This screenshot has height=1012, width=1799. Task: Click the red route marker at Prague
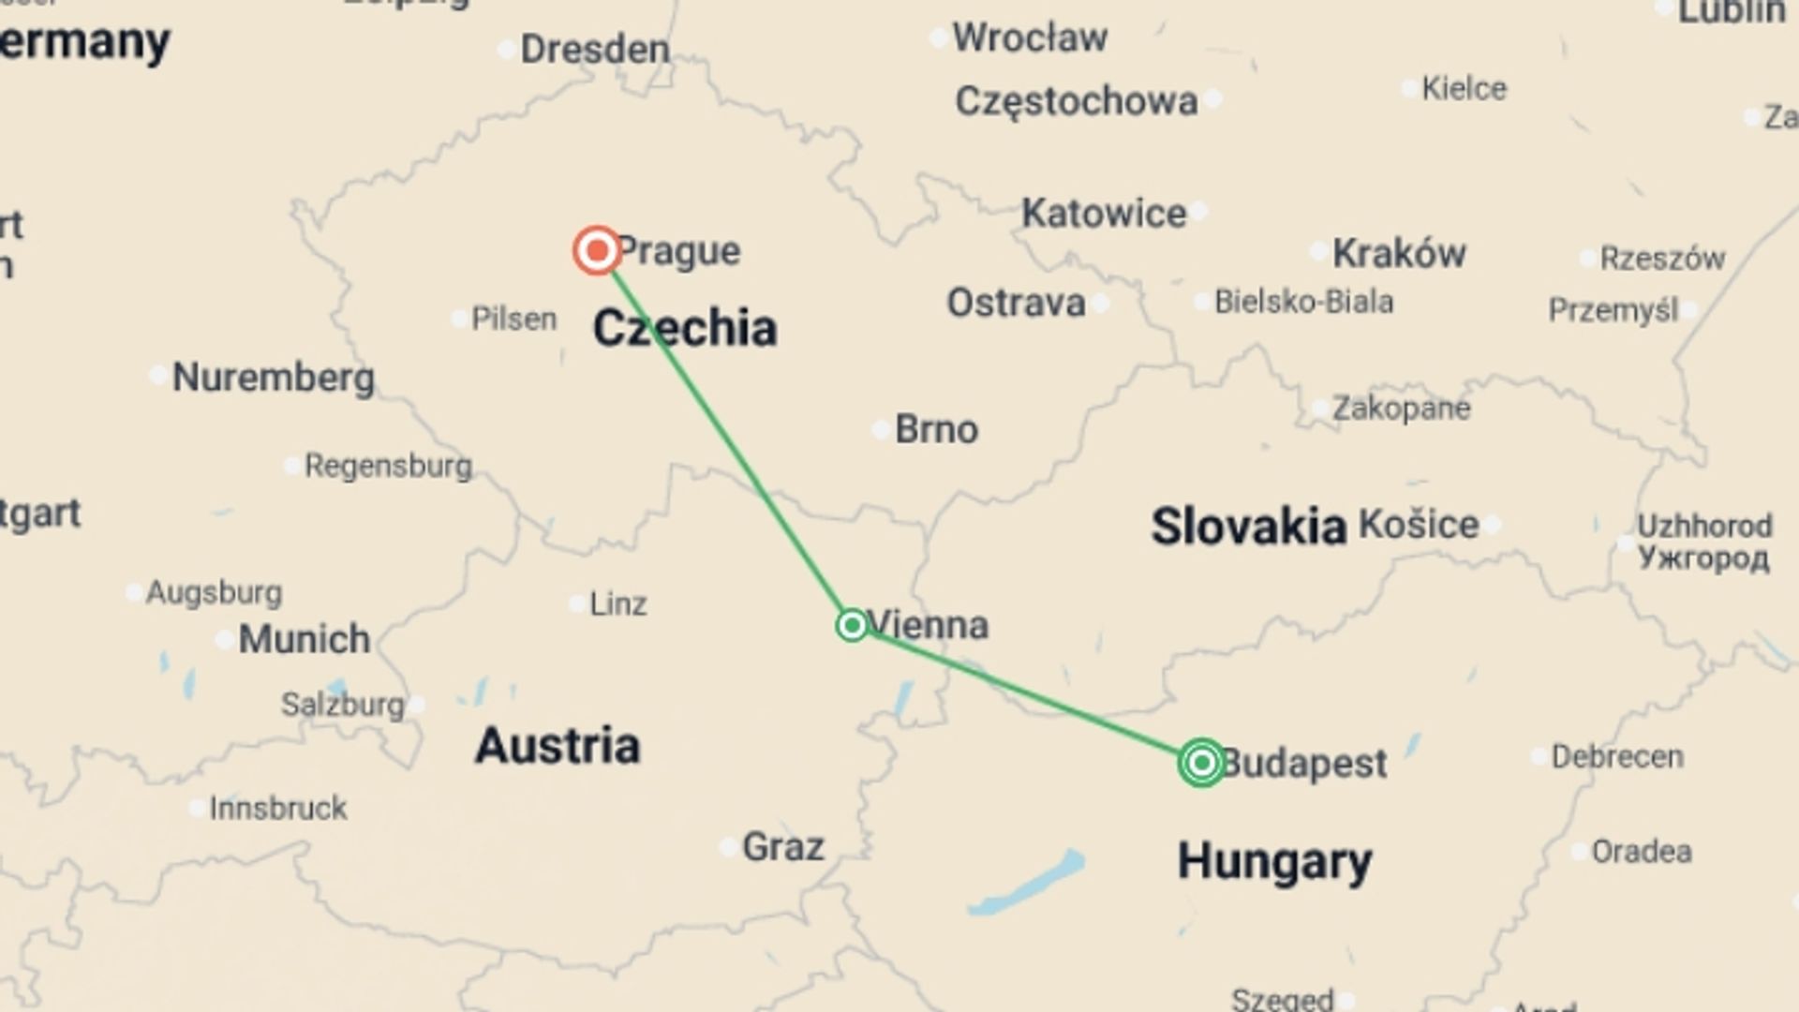point(597,250)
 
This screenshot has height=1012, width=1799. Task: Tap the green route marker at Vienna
point(852,625)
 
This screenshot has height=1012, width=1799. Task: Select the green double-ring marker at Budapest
point(1201,763)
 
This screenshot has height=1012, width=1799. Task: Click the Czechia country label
point(685,329)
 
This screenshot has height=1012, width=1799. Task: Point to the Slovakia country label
point(1248,526)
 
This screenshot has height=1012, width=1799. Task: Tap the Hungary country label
point(1274,861)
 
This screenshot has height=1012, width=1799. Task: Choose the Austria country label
point(558,746)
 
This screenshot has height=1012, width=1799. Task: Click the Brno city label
point(936,429)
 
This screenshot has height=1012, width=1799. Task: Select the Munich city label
point(305,639)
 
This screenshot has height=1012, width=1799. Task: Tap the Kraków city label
point(1399,253)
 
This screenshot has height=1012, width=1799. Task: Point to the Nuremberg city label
point(274,378)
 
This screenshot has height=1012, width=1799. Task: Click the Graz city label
point(783,847)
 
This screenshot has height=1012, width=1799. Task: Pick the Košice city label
point(1419,525)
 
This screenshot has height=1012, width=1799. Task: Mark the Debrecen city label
point(1617,756)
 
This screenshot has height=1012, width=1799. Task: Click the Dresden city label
point(595,50)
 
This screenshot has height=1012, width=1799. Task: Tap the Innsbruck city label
point(278,808)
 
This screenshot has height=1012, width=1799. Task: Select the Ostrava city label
point(1016,304)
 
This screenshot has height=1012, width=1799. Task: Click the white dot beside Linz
point(577,605)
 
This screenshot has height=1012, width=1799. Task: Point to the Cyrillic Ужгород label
point(1703,558)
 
